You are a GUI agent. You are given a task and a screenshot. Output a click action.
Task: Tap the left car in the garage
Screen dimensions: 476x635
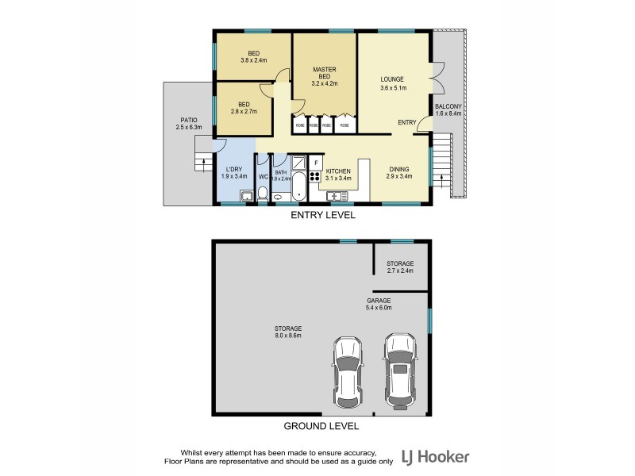349,370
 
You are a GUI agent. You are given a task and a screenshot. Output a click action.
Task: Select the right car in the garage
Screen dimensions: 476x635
400,367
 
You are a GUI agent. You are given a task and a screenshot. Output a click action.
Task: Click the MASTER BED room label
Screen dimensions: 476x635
325,76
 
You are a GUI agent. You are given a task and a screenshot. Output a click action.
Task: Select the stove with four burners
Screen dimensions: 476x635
314,177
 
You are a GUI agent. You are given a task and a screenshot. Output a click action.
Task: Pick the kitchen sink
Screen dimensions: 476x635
337,195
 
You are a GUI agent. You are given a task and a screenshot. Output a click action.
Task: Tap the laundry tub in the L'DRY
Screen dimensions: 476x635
246,195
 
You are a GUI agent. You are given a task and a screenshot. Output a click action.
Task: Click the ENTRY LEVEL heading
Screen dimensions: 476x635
322,215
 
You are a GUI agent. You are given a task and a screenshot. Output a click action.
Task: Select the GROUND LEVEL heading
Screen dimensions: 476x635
322,426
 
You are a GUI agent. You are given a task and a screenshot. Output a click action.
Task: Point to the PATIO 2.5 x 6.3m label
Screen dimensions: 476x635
189,123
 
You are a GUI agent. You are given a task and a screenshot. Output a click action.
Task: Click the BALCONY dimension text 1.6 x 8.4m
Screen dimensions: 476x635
448,113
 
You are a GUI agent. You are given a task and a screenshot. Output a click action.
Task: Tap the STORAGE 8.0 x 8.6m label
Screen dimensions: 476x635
289,332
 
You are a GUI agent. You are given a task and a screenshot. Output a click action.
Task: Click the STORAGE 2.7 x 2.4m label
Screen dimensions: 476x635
400,267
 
